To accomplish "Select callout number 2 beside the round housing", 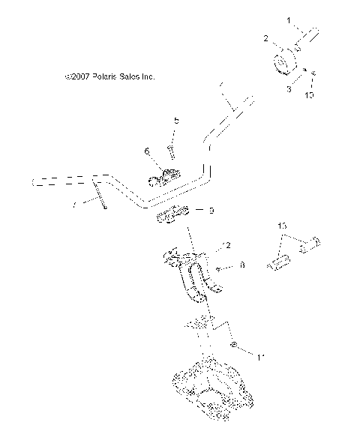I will pyautogui.click(x=265, y=37).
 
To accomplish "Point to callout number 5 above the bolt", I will pyautogui.click(x=176, y=121).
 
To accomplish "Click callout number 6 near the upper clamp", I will pyautogui.click(x=147, y=152).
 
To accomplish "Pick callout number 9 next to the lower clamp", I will pyautogui.click(x=212, y=211).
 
